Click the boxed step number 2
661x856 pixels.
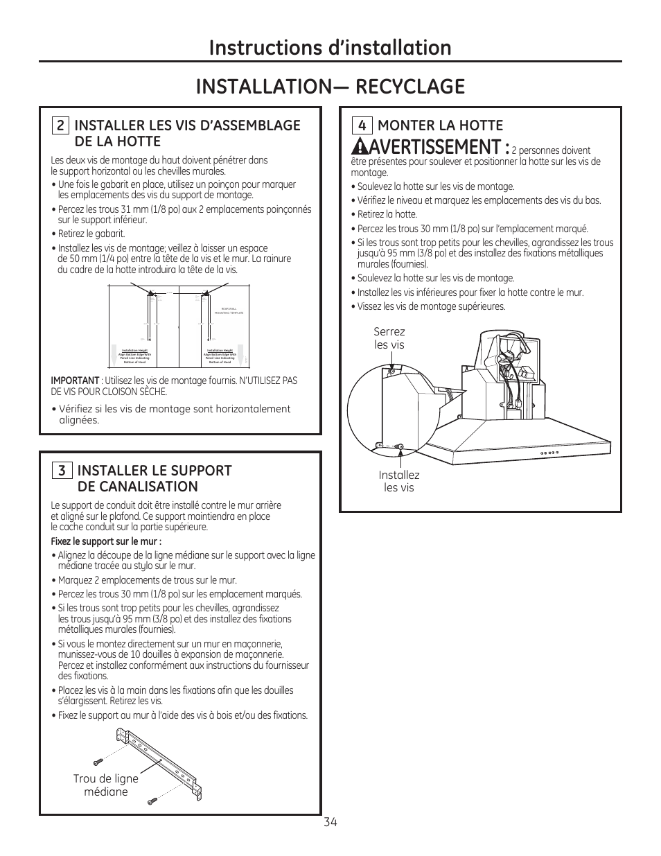point(60,125)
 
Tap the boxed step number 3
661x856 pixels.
point(61,471)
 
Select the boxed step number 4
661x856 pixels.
point(362,125)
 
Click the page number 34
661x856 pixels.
point(330,822)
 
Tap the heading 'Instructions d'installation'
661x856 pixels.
point(330,47)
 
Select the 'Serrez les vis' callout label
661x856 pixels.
point(389,338)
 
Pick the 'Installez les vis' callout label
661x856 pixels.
point(399,481)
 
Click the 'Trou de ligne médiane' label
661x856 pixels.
point(106,785)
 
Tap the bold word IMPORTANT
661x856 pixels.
point(75,381)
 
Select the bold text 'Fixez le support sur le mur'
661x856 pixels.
point(107,542)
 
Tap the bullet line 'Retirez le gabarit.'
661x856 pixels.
point(91,234)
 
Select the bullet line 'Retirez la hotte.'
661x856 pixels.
point(387,214)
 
